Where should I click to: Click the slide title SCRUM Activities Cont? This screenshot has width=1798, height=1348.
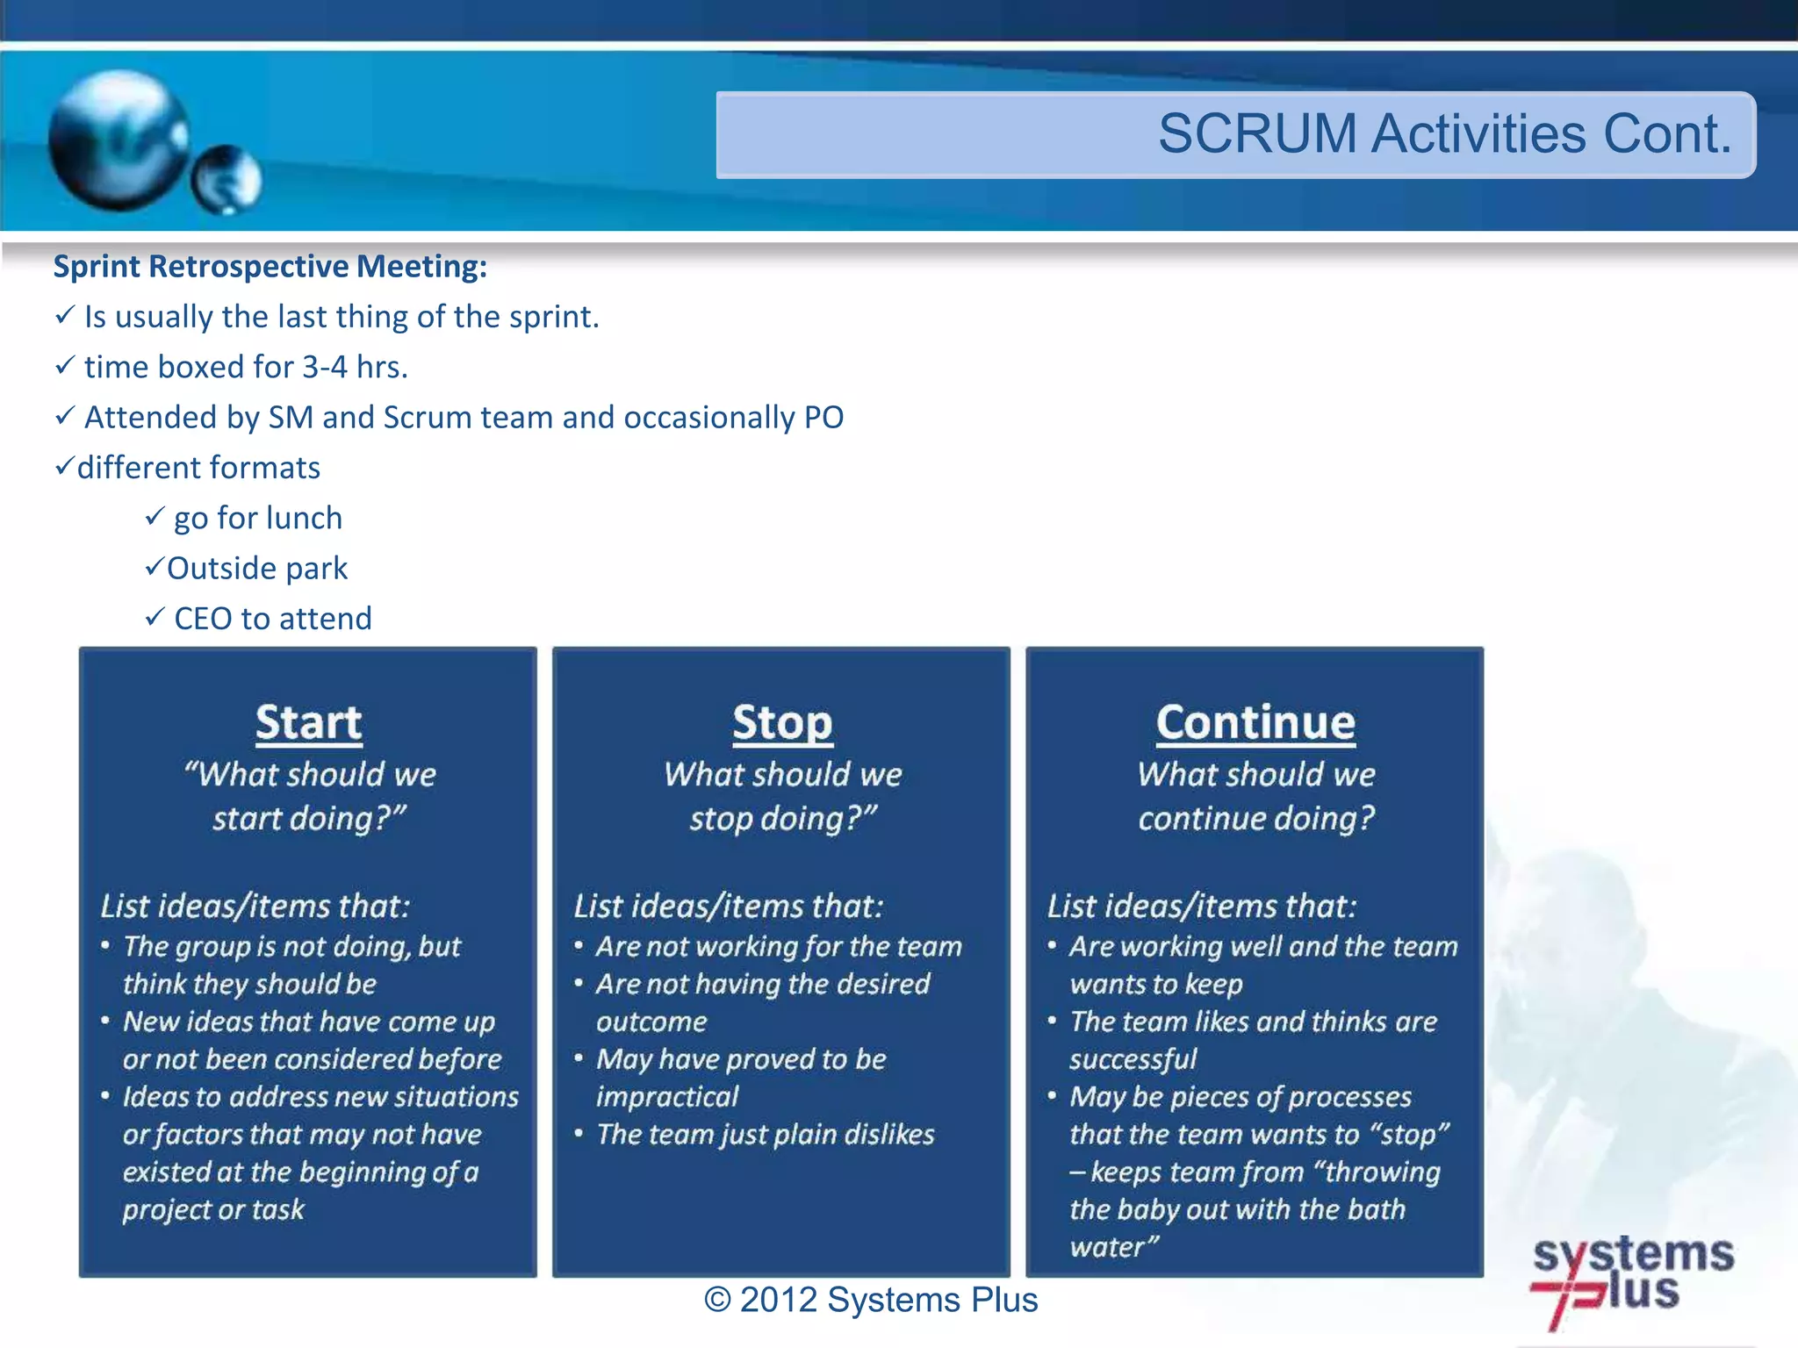click(x=1443, y=134)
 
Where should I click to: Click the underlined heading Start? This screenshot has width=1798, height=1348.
click(x=308, y=723)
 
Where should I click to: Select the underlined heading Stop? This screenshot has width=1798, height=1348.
click(x=781, y=723)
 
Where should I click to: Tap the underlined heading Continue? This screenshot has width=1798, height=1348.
click(x=1255, y=723)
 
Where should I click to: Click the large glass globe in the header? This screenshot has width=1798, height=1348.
click(x=119, y=140)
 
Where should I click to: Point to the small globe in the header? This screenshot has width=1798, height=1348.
click(x=227, y=179)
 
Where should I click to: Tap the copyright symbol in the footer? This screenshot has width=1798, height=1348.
click(x=717, y=1301)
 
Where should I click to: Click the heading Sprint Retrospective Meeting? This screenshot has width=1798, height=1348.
click(x=270, y=266)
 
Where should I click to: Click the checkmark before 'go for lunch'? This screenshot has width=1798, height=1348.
click(x=155, y=517)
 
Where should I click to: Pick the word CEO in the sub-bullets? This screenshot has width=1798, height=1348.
click(x=203, y=619)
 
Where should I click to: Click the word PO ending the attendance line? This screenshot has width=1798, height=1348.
click(x=823, y=418)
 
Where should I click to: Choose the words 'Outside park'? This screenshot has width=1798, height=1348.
click(x=257, y=569)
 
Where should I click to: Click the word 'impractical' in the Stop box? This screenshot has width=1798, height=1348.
click(x=667, y=1097)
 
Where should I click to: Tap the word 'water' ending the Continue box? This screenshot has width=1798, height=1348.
click(x=1109, y=1247)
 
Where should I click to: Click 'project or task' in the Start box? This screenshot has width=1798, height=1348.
click(x=213, y=1210)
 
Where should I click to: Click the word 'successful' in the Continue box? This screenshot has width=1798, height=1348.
click(x=1133, y=1059)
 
